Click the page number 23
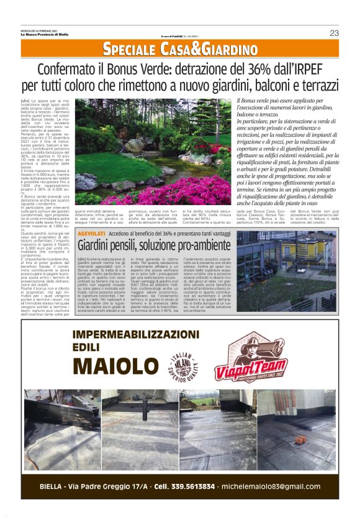point(334,33)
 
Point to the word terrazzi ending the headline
point(319,84)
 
